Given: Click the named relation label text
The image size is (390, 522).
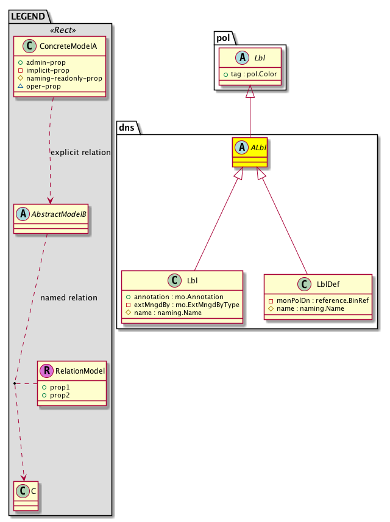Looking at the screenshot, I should coord(68,298).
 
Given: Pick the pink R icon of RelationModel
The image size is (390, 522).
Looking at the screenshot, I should coord(46,371).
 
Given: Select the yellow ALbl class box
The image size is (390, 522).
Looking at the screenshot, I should coord(250,153).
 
